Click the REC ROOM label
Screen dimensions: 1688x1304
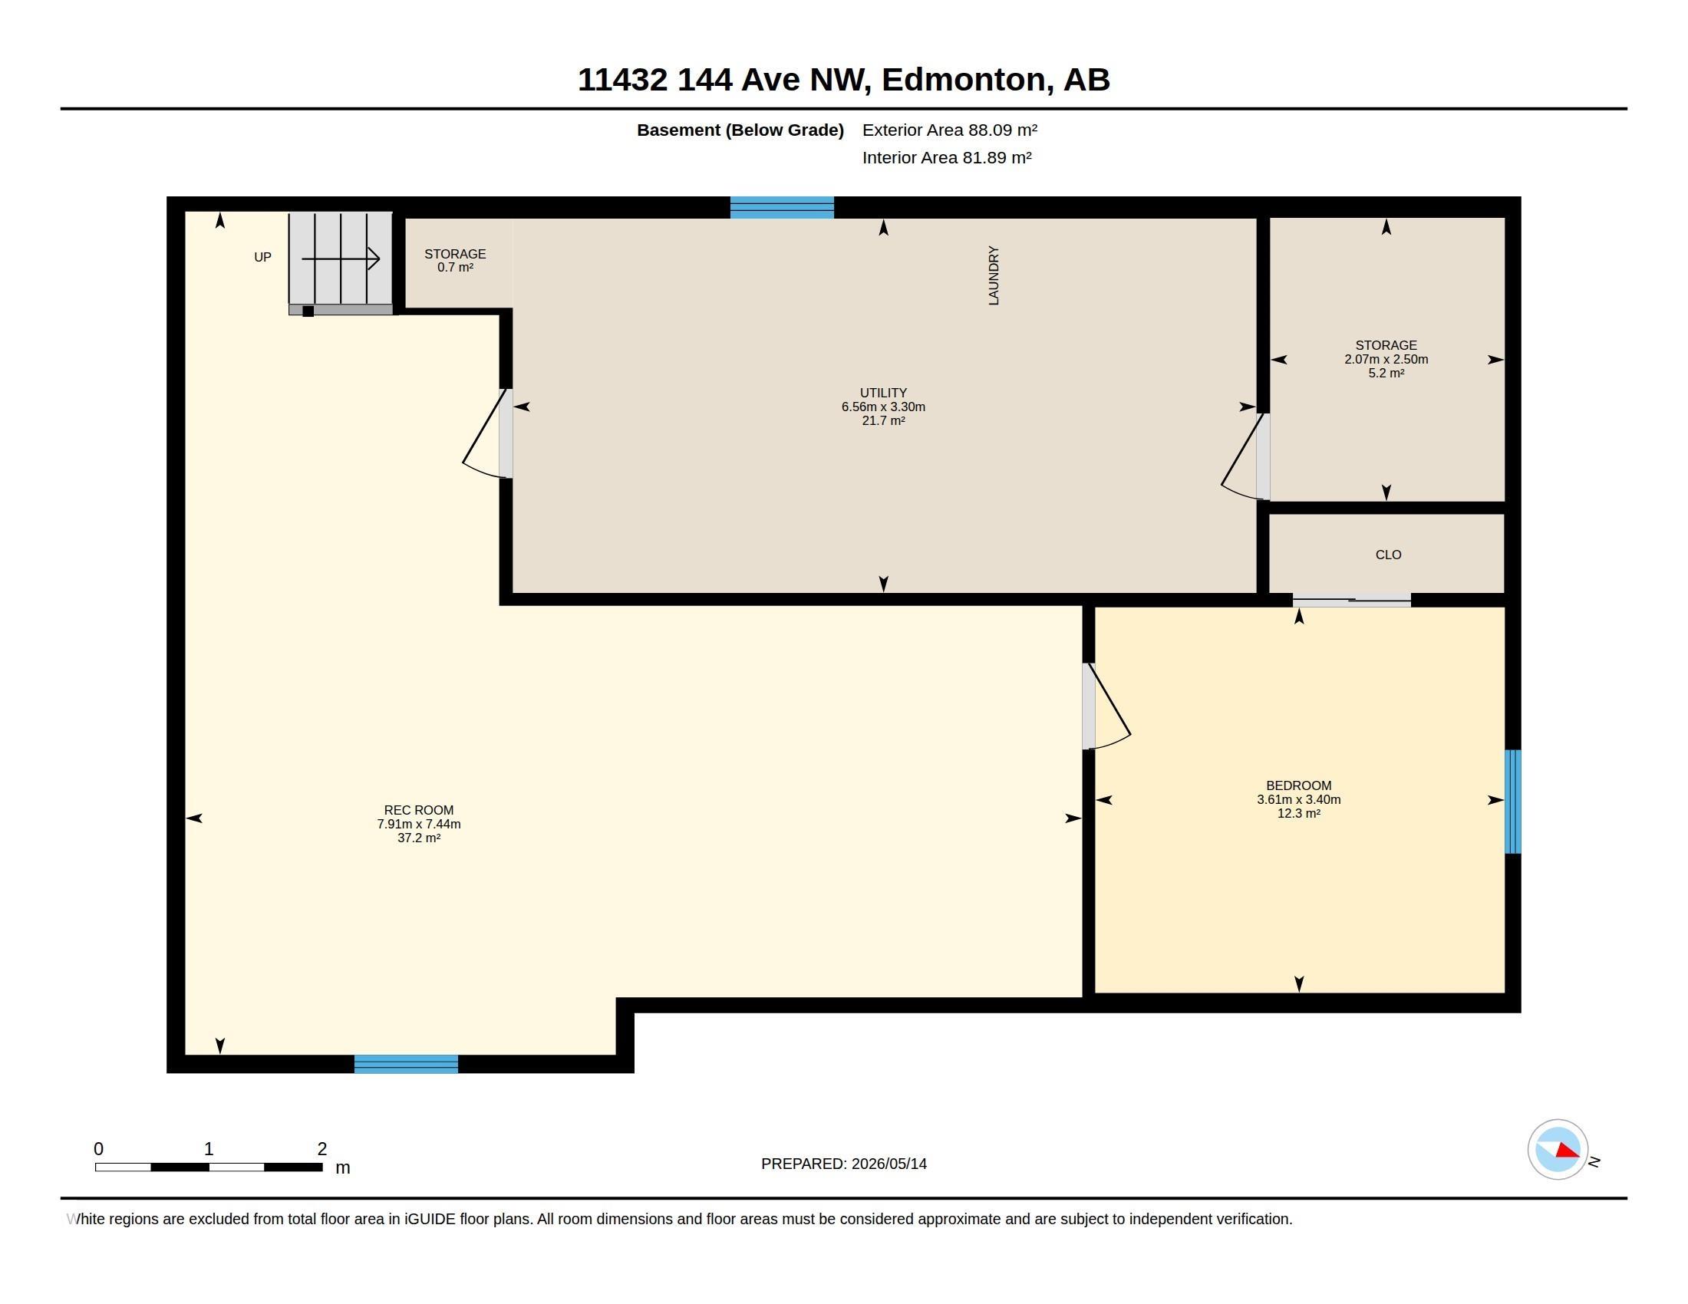[419, 809]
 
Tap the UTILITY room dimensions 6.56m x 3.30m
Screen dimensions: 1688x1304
[883, 407]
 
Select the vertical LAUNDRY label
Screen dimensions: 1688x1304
[994, 276]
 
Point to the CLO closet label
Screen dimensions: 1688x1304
[1388, 555]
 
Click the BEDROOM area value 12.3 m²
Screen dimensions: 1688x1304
[1298, 813]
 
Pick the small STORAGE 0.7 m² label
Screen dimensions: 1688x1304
[455, 260]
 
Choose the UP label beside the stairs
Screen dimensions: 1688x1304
[262, 257]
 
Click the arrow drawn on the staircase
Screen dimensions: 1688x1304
[341, 258]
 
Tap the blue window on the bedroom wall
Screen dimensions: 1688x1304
[1512, 801]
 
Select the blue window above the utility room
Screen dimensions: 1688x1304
[782, 208]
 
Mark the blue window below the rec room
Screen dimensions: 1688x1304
[407, 1064]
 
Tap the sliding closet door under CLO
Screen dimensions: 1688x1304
[1352, 601]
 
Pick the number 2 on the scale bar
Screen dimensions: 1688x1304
[322, 1149]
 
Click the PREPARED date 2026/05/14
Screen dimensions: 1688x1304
[889, 1164]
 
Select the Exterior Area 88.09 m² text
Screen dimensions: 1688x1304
[950, 130]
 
